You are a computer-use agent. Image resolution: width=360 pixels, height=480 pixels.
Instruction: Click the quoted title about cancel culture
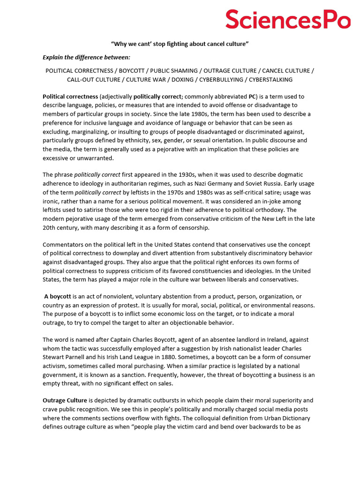point(180,44)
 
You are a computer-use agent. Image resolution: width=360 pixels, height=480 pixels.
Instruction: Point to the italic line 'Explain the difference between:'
point(87,57)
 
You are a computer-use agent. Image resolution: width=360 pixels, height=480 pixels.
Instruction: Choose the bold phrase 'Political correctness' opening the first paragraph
point(70,97)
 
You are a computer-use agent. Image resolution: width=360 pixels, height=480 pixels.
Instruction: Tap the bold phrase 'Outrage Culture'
point(66,401)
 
